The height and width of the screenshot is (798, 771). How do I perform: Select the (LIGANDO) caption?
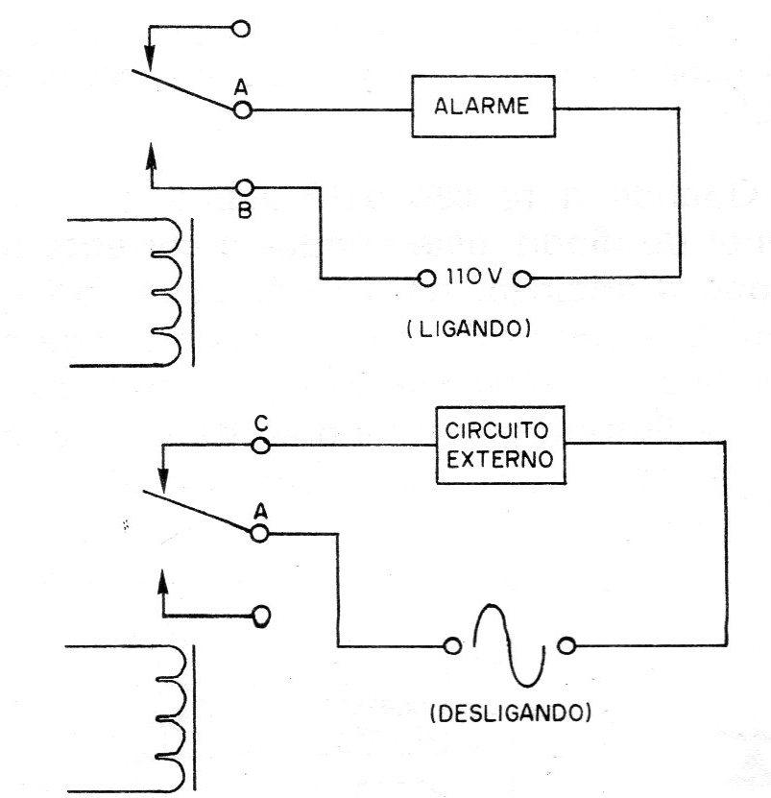tap(469, 329)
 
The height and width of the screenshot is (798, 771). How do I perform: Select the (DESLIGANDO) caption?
tap(511, 713)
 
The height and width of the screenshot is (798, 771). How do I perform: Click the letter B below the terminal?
tap(245, 210)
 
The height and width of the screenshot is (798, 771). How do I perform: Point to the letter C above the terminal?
tap(261, 423)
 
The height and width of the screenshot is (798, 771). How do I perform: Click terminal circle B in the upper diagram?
tap(245, 188)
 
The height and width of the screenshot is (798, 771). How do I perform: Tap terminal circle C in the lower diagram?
tap(261, 446)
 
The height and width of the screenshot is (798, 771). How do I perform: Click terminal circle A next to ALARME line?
tap(243, 109)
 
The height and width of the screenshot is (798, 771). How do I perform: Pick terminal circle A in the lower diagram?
tap(259, 533)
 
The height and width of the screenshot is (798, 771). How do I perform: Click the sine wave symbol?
tap(509, 645)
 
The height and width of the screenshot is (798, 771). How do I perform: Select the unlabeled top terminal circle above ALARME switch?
tap(241, 29)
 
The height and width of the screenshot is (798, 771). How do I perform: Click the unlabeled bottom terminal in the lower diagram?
tap(261, 616)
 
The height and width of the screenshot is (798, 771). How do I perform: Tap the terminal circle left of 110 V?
tap(426, 278)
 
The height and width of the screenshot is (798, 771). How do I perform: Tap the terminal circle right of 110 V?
tap(522, 278)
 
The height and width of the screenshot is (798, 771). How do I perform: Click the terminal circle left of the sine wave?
tap(452, 646)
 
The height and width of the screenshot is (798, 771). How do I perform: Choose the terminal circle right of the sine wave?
tap(566, 646)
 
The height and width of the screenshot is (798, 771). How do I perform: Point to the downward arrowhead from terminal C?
tap(163, 480)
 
